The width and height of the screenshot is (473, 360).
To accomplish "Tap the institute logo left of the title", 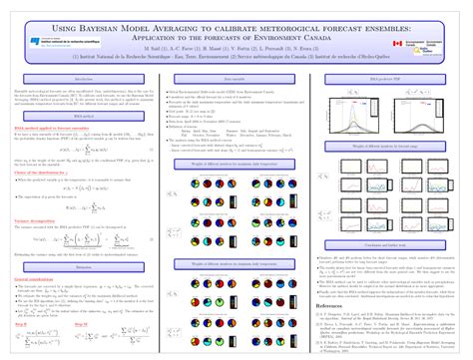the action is click(x=55, y=42).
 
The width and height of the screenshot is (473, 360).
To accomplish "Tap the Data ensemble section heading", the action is click(x=236, y=77).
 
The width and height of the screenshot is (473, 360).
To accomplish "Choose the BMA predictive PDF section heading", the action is click(x=387, y=77).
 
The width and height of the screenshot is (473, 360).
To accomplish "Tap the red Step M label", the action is click(x=88, y=296).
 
